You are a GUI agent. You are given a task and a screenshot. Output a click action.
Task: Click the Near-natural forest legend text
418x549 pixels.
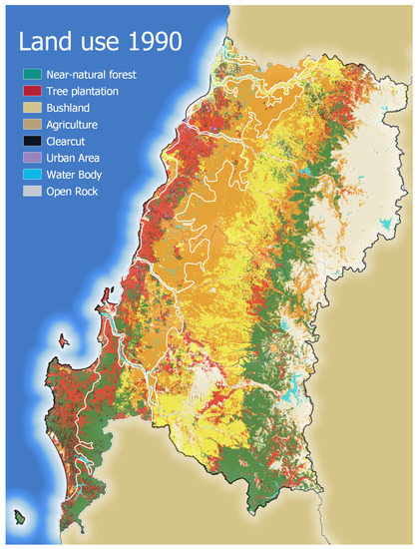point(91,74)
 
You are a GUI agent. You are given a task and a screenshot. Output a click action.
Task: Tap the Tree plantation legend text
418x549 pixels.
point(83,91)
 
